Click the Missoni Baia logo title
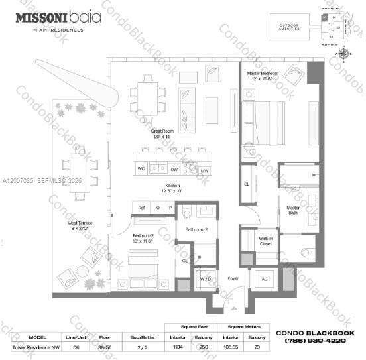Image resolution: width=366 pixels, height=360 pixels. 58,19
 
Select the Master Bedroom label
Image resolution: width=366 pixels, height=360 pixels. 263,76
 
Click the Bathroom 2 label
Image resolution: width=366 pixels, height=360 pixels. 197,229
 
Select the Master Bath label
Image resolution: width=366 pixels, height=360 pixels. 292,211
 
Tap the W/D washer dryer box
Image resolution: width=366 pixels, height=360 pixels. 206,279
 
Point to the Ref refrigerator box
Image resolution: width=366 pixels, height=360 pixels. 141,208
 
